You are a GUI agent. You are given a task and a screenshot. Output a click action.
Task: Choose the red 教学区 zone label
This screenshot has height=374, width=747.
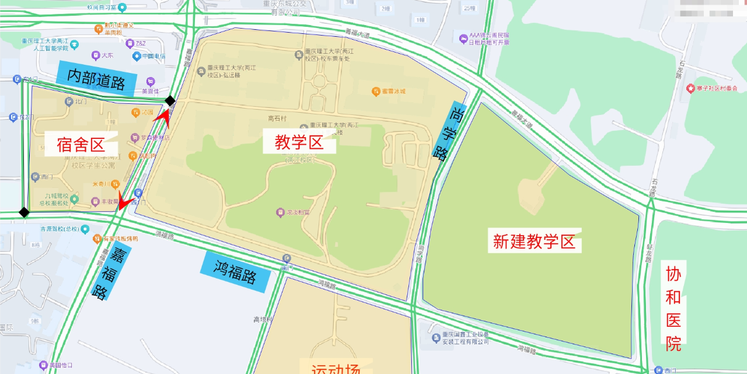click(x=299, y=142)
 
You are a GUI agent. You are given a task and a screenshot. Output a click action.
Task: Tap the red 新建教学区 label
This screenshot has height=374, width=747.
click(x=534, y=242)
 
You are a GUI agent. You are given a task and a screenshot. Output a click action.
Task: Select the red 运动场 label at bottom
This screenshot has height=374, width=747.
click(x=336, y=368)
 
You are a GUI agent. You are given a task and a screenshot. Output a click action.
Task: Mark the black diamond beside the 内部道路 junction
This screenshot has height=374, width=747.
click(x=170, y=101)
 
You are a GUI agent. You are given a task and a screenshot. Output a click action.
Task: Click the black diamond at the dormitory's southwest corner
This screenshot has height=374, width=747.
click(x=24, y=212)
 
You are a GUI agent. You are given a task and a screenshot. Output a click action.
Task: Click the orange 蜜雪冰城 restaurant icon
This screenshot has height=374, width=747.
click(x=376, y=91)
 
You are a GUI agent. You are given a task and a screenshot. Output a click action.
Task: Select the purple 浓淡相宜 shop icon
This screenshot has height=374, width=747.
click(x=280, y=213)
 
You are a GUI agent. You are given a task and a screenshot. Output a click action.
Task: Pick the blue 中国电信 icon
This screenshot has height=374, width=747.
click(x=137, y=57)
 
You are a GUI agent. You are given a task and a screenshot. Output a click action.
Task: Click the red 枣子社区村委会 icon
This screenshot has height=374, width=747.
click(x=691, y=88)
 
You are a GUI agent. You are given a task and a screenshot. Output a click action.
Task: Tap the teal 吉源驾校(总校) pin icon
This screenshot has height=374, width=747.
click(x=85, y=229)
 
